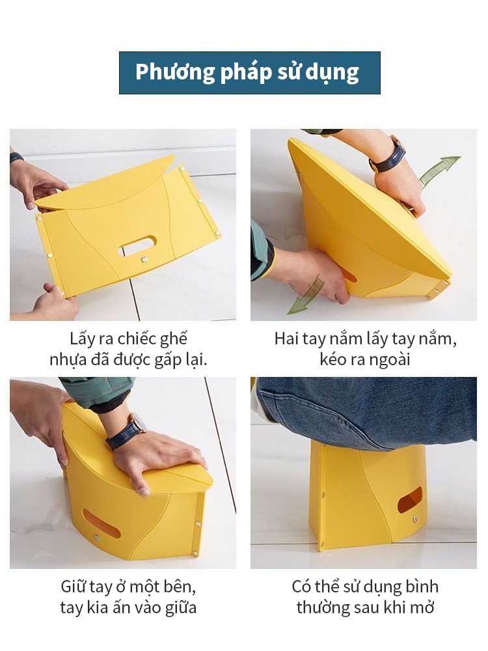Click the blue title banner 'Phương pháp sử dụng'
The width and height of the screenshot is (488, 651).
tap(249, 73)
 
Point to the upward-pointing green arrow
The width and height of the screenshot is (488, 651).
tap(440, 171)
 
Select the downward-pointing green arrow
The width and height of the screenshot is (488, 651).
tap(306, 295)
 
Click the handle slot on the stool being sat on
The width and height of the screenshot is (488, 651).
tap(409, 499)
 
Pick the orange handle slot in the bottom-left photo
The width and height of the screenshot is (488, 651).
tap(102, 524)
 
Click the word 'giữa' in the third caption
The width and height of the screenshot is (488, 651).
tap(180, 608)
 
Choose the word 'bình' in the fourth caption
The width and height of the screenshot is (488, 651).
tap(422, 587)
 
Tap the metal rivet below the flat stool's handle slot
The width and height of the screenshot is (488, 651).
tap(145, 260)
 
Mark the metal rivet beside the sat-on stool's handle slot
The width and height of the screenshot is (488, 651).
tap(415, 519)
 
